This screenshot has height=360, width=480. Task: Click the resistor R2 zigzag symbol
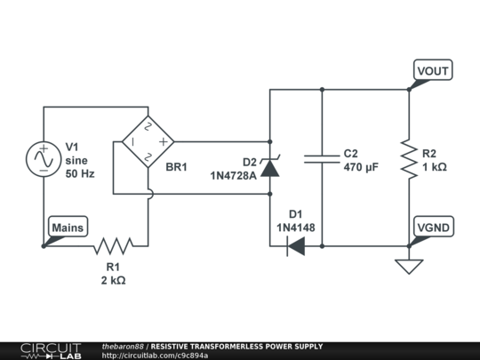pos(409,158)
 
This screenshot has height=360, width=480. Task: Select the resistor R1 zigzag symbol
pos(113,245)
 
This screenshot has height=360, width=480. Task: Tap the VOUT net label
pos(433,70)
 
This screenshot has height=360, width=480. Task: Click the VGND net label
pos(433,228)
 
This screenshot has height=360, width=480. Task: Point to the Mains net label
pos(68,228)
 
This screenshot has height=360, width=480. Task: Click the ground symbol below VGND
pos(409,266)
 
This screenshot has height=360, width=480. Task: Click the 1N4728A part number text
pos(233,175)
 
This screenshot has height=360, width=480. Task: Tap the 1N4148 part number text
pos(295,228)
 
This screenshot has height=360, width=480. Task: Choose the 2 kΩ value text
pos(113,280)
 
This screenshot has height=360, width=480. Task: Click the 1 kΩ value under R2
pos(435,167)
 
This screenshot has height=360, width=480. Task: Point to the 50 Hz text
pos(80,174)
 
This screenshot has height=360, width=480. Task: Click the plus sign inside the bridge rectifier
pos(163,140)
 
